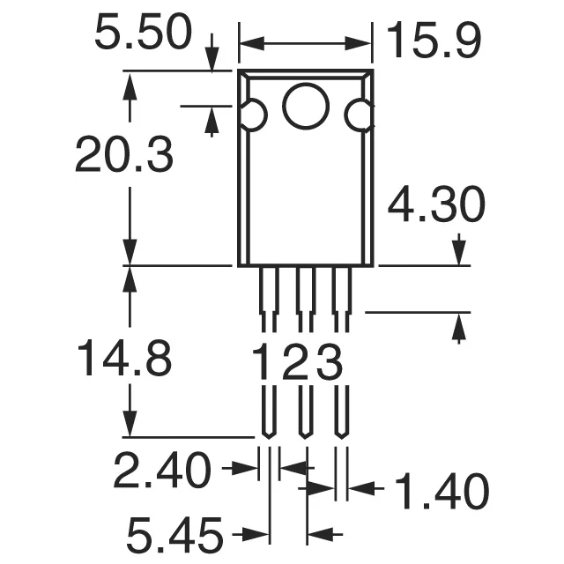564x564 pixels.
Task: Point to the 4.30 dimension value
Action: [x=436, y=206]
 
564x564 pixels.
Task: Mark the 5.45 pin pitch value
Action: [x=174, y=534]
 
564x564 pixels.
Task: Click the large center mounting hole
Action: [x=306, y=106]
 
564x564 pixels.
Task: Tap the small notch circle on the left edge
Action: [x=252, y=116]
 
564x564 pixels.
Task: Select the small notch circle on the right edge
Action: [x=360, y=115]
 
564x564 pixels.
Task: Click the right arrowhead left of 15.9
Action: [x=363, y=41]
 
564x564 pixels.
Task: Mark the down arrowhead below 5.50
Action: [x=211, y=59]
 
